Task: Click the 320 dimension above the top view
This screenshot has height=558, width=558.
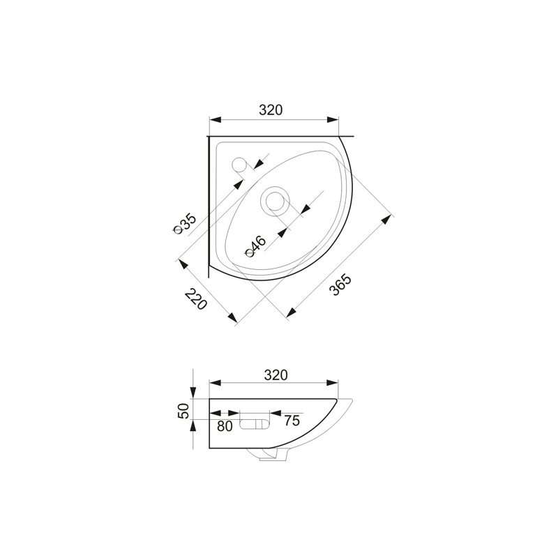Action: (271, 110)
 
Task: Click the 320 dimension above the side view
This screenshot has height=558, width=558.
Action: (276, 375)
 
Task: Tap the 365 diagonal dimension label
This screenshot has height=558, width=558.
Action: (340, 285)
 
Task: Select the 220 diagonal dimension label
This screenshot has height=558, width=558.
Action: (196, 299)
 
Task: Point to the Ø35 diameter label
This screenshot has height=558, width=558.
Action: (184, 223)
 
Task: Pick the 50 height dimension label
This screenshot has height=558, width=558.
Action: (183, 411)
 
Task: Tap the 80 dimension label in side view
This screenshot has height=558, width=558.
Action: (225, 426)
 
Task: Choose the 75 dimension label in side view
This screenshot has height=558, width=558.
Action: (292, 421)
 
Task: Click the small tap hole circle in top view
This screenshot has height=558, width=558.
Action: (239, 165)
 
